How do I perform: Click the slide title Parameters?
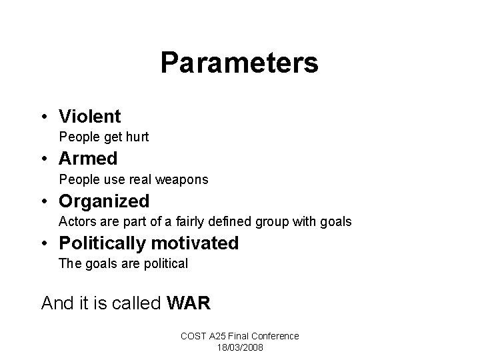[x=239, y=63]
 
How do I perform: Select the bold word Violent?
[x=90, y=117]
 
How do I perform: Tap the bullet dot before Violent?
[x=45, y=117]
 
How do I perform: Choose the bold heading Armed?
[x=88, y=159]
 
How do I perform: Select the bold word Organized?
[x=104, y=201]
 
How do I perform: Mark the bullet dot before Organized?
[x=45, y=201]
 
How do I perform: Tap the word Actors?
[x=75, y=221]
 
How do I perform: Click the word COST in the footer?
[x=193, y=336]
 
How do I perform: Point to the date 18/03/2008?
[x=240, y=347]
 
